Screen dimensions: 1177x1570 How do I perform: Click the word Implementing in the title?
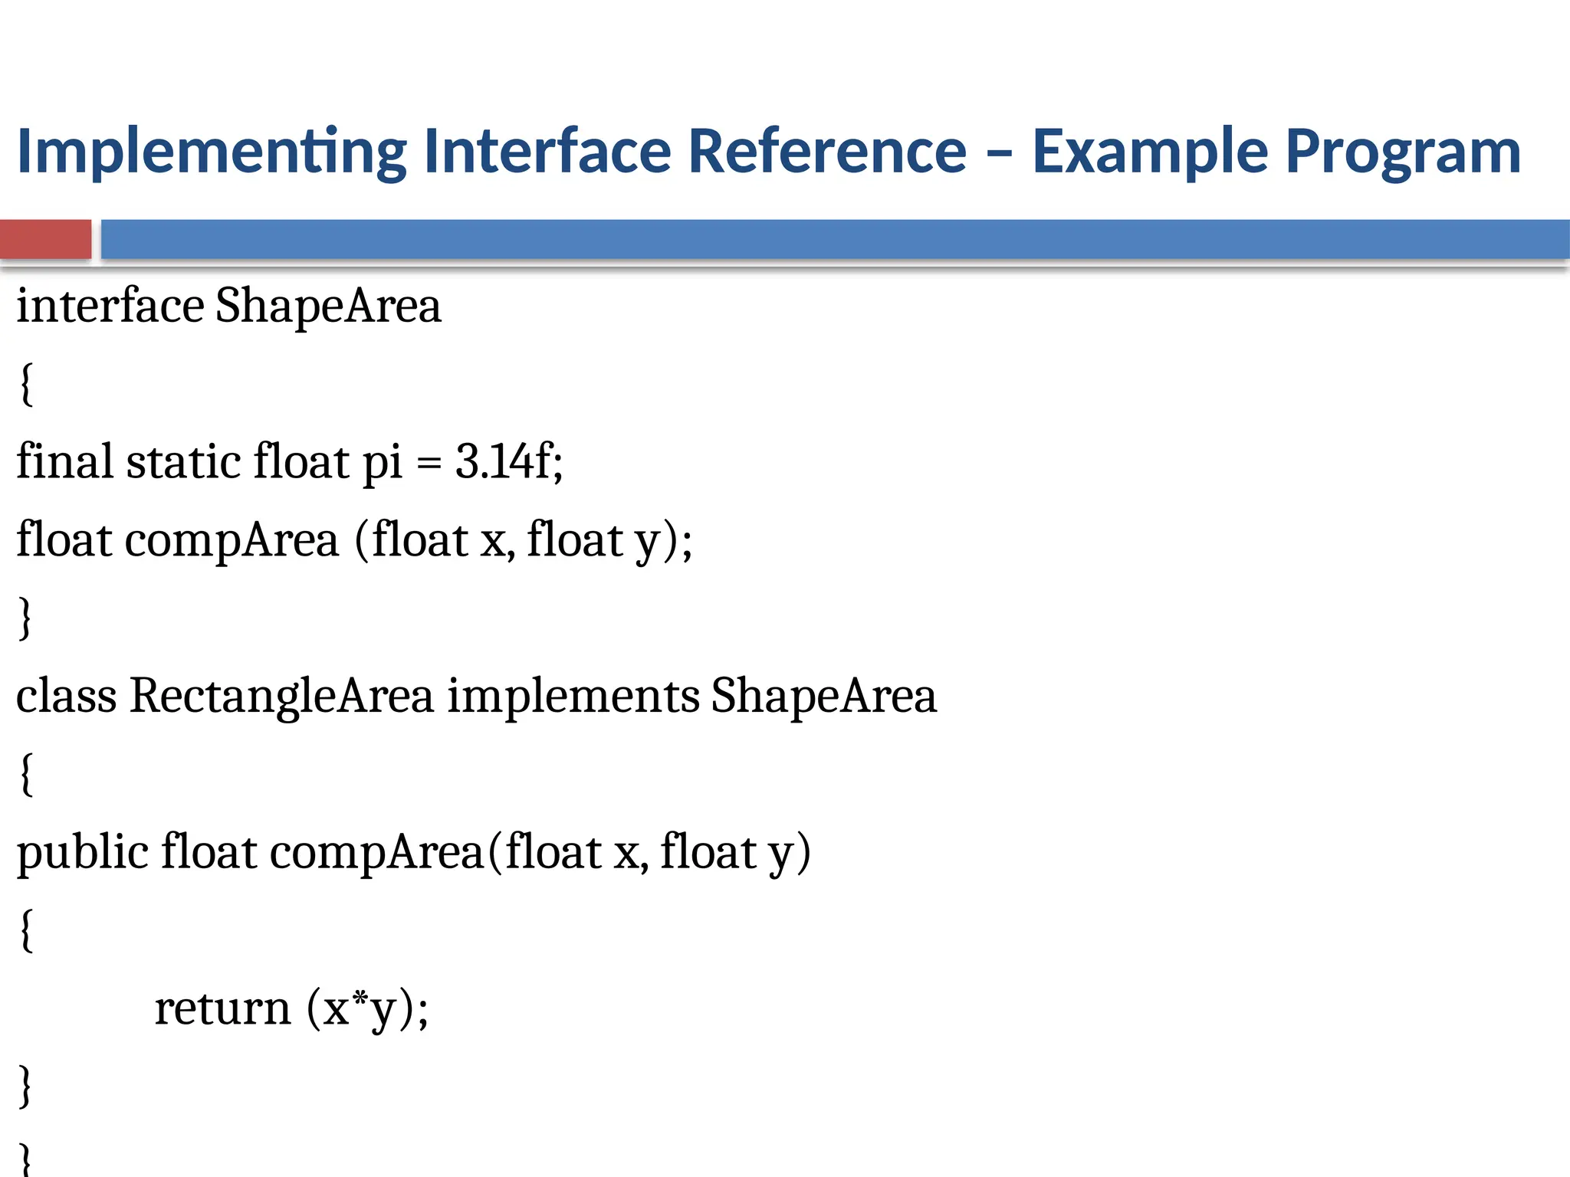(x=212, y=152)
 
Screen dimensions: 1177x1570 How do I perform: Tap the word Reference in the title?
(x=827, y=151)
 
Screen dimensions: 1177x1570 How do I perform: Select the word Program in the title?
(x=1403, y=152)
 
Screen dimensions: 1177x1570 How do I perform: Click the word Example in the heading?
(x=1150, y=152)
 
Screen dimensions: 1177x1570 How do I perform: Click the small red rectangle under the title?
(x=46, y=239)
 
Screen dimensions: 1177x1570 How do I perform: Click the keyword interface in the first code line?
(x=110, y=307)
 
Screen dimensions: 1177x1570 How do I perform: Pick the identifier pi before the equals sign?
(x=382, y=464)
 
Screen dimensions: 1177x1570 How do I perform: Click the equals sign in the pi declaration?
(x=429, y=464)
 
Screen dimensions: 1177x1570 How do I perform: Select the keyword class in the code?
(x=67, y=697)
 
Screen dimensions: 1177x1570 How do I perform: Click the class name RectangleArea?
(x=281, y=697)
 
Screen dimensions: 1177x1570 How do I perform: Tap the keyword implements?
(x=573, y=697)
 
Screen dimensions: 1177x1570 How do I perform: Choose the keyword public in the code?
(x=83, y=853)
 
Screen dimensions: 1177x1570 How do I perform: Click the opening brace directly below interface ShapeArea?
(x=26, y=385)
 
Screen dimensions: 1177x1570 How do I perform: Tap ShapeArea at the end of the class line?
(x=823, y=697)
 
